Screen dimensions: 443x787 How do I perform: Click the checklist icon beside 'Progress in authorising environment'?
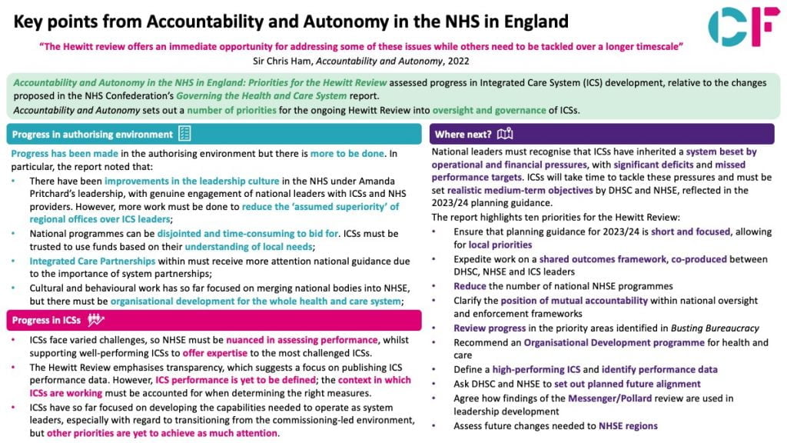pos(184,135)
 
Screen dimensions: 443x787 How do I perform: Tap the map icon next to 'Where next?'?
pos(505,135)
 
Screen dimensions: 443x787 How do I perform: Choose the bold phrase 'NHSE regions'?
pos(628,425)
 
